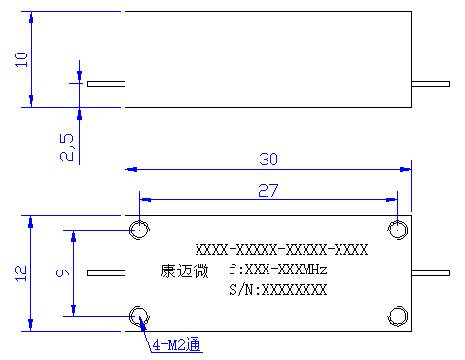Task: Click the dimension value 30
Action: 268,160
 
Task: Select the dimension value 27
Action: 268,190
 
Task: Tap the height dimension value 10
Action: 21,59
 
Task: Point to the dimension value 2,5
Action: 67,147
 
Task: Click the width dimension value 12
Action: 21,273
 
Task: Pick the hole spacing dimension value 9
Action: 62,272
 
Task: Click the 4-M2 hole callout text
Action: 177,344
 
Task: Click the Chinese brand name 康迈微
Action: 184,270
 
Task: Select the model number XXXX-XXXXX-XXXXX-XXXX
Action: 281,250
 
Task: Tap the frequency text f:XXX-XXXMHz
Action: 278,270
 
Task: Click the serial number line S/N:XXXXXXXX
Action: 278,289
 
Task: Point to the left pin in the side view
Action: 106,84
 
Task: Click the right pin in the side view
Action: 431,84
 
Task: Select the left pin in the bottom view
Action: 106,273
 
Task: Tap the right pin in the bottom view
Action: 431,273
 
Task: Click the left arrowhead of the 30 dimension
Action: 131,169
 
